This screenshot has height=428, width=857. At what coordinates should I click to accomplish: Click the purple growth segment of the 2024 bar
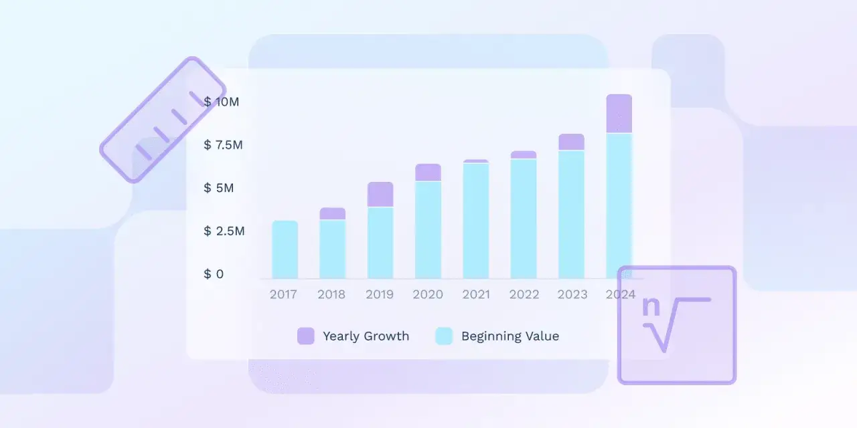(x=619, y=114)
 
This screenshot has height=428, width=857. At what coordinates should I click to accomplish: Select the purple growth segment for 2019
(x=380, y=195)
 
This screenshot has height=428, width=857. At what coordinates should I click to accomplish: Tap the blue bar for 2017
(x=285, y=249)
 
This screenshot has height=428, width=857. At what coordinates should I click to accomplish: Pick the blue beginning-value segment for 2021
(x=475, y=221)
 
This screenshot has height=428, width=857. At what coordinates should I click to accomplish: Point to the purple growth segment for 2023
(x=571, y=142)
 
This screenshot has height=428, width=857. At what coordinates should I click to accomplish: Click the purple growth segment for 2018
(x=332, y=213)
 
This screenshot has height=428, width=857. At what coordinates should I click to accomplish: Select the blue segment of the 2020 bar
(x=428, y=229)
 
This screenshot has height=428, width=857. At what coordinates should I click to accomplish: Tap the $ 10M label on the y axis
(x=221, y=102)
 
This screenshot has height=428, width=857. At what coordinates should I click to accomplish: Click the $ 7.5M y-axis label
(x=224, y=144)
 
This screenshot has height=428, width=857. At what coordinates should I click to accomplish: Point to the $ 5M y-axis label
(x=219, y=188)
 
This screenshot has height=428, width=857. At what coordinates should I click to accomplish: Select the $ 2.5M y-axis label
(x=224, y=231)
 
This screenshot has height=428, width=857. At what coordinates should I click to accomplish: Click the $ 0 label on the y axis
(x=214, y=274)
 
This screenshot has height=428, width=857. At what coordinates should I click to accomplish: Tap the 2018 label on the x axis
(x=331, y=294)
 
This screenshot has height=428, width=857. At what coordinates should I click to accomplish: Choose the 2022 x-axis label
(x=524, y=294)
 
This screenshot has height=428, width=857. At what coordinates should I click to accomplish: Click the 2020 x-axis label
(x=428, y=294)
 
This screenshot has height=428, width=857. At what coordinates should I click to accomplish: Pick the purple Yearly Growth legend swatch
(x=305, y=336)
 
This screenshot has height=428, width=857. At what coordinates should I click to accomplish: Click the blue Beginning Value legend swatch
(x=444, y=336)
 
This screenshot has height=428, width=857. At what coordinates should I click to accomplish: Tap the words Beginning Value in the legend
(x=510, y=336)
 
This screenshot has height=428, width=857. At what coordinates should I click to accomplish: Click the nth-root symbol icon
(x=676, y=325)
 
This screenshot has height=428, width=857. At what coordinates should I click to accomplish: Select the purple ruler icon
(x=163, y=120)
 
